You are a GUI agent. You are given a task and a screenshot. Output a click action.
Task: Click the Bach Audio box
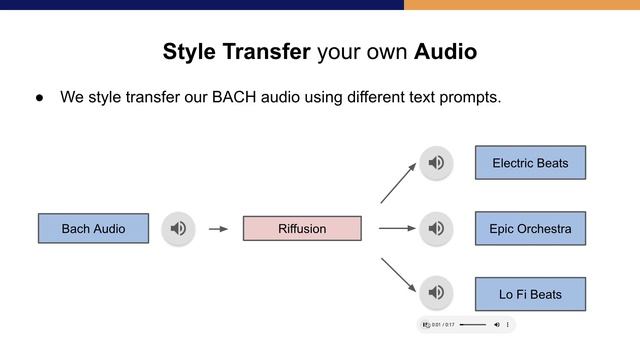93,229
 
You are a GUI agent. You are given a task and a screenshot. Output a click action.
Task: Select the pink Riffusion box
302,229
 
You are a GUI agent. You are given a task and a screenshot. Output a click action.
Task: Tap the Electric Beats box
530,163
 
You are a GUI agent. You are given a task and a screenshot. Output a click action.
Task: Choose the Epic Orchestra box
530,229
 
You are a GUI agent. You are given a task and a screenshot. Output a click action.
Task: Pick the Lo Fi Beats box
530,294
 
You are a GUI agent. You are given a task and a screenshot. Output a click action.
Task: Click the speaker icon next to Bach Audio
178,229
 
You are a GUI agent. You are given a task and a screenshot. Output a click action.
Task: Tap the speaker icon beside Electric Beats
436,163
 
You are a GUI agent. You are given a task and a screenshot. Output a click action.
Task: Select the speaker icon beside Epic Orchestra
436,229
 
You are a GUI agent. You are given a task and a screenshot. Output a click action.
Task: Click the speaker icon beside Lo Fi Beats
436,292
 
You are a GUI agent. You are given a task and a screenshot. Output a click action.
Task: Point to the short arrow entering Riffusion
218,229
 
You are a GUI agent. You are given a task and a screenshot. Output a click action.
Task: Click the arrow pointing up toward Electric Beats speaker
397,183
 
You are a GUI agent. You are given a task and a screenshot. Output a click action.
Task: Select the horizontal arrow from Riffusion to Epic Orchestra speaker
397,229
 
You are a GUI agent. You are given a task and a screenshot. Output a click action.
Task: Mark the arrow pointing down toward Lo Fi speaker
397,275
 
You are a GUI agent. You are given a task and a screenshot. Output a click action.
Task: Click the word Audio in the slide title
445,52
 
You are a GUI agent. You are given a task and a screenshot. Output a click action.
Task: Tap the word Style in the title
188,52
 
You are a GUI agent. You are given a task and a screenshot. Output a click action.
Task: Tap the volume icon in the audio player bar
497,325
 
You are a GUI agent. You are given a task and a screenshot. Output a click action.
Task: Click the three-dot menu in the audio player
508,325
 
